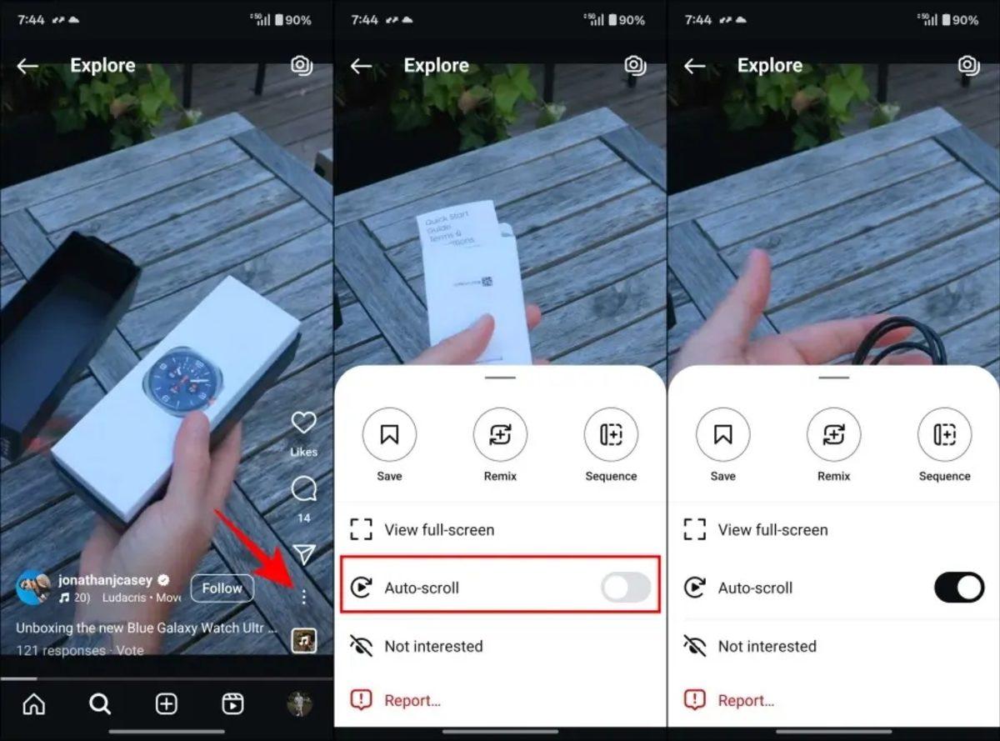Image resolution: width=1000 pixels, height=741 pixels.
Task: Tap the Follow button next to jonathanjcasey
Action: (x=222, y=588)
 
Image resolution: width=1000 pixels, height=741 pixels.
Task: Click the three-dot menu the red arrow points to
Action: (x=304, y=597)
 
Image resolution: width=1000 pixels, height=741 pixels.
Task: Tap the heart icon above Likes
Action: (x=303, y=423)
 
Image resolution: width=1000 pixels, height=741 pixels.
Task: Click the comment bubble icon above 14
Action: (x=303, y=489)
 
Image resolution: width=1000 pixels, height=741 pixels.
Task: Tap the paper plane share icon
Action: (x=304, y=554)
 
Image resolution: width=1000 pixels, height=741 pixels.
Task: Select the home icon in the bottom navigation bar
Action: (x=33, y=704)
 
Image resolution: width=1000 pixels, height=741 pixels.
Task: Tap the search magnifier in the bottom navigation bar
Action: (x=100, y=704)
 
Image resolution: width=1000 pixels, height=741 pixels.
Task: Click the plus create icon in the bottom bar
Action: (x=167, y=704)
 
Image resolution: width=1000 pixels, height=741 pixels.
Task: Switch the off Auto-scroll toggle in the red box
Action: (x=626, y=588)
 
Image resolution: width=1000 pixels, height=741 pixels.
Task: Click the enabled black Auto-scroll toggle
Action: (x=959, y=588)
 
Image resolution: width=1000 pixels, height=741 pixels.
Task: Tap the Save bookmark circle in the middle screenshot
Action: (x=389, y=435)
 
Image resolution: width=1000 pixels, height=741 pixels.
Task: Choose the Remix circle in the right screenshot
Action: (x=833, y=435)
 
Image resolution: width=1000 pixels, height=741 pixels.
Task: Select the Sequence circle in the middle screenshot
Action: (x=611, y=435)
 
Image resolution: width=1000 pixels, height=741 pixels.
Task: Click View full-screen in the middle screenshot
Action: (x=439, y=530)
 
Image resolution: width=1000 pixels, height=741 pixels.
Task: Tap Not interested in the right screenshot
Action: (x=767, y=646)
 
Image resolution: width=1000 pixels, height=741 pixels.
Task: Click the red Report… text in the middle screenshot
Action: (x=412, y=701)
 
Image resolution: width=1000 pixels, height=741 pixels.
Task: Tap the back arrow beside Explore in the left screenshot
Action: (x=27, y=66)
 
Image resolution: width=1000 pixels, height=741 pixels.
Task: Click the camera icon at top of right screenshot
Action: (x=967, y=65)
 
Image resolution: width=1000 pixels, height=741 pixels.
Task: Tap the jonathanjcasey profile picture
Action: (x=33, y=588)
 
